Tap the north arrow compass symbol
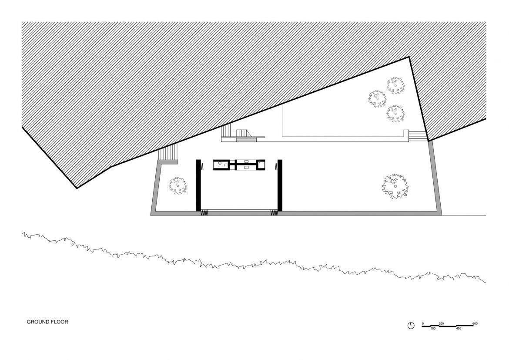click(411, 325)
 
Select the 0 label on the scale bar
click(423, 323)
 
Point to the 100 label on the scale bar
click(433, 329)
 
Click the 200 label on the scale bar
click(441, 323)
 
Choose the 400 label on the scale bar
click(459, 329)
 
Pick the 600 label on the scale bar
click(475, 323)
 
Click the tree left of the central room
click(178, 186)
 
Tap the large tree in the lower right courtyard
click(395, 186)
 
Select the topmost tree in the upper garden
click(395, 86)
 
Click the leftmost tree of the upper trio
click(378, 99)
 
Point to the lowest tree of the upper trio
click(395, 113)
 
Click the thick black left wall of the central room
click(198, 185)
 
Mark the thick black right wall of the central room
click(280, 185)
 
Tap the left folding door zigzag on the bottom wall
click(204, 213)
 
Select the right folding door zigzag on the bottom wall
click(275, 213)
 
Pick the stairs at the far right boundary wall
click(417, 136)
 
